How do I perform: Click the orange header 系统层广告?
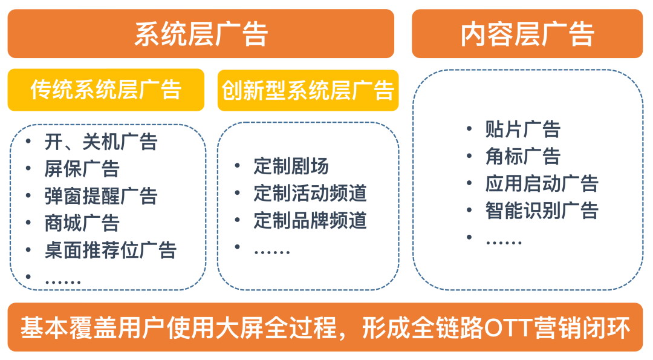[x=201, y=33]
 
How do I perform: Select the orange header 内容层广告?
[x=527, y=33]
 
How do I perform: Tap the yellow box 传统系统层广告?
[x=106, y=90]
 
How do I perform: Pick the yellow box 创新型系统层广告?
[x=308, y=90]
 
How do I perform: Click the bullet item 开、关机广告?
[x=101, y=142]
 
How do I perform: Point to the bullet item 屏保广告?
[x=82, y=169]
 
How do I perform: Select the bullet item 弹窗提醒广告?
[x=101, y=196]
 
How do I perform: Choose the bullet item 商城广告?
[x=82, y=223]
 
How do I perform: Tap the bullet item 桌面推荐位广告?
[x=111, y=250]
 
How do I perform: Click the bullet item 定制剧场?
[x=291, y=166]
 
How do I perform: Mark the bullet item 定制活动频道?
[x=310, y=193]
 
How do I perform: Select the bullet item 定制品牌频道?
[x=310, y=220]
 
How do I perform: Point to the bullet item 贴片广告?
[x=522, y=129]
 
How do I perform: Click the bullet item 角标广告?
[x=522, y=156]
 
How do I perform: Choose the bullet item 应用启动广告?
[x=542, y=183]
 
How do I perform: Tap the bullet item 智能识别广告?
[x=542, y=210]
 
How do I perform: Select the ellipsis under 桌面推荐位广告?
[x=63, y=282]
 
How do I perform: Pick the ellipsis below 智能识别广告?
[x=504, y=242]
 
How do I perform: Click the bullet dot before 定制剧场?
[x=238, y=166]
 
